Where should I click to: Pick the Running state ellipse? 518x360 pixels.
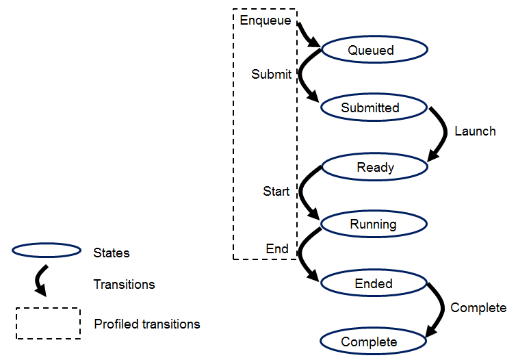tap(374, 224)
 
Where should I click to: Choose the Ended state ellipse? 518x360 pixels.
tap(374, 283)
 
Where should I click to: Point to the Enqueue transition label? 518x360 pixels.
tap(266, 20)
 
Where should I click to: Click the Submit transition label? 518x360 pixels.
tap(271, 75)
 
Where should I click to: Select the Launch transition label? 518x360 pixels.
tap(475, 131)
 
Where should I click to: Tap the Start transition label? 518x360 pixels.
tap(276, 192)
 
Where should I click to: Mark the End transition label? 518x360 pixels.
tap(277, 249)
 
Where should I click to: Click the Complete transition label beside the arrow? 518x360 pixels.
tap(478, 308)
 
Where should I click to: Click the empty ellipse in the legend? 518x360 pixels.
tap(47, 251)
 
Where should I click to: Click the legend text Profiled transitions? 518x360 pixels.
tap(147, 324)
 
